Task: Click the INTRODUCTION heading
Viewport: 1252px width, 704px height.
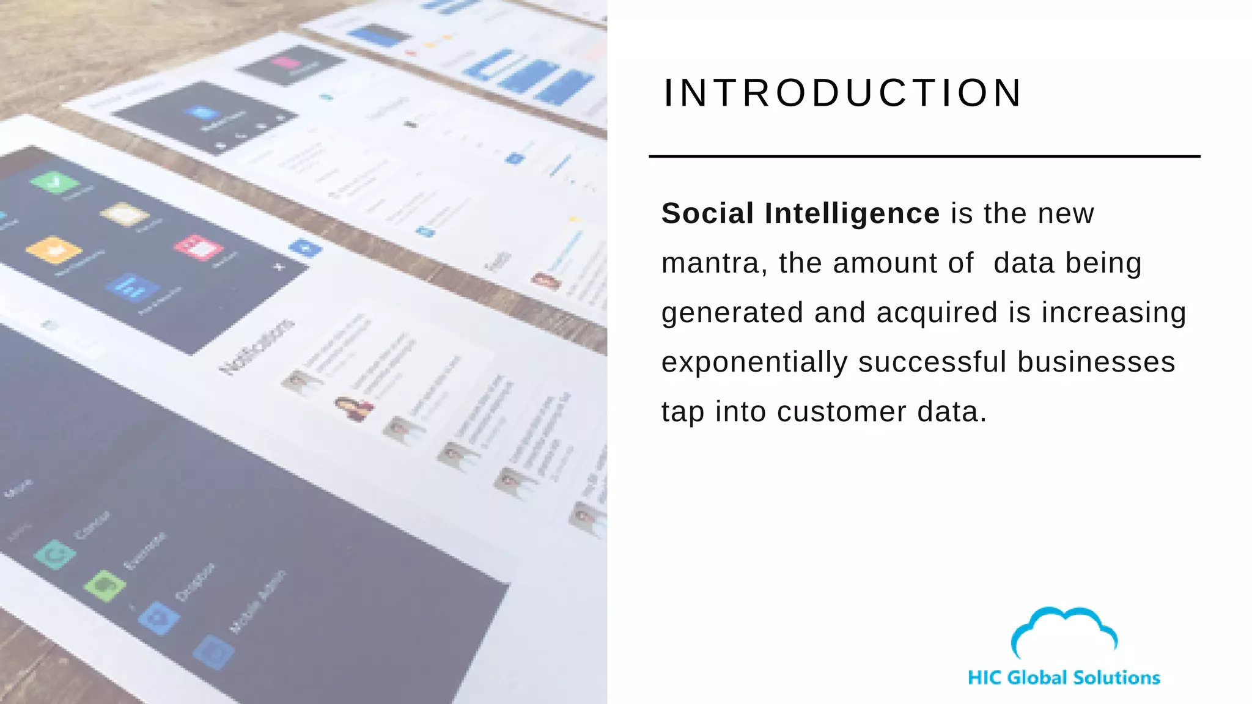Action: (842, 94)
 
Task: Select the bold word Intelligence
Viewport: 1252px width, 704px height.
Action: (852, 214)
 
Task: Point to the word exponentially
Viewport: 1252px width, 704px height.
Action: (754, 363)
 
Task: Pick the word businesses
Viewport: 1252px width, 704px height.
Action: (1096, 362)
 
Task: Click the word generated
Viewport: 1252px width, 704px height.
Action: (732, 313)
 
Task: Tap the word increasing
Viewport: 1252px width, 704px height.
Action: (1114, 313)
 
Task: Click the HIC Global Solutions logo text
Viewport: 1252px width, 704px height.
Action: (1064, 678)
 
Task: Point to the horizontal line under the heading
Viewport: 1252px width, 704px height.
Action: (924, 157)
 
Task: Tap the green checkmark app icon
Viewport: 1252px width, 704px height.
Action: (55, 182)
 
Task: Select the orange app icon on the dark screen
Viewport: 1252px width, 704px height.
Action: (54, 249)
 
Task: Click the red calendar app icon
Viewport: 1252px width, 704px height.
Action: (198, 247)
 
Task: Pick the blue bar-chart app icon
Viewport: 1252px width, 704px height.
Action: (132, 286)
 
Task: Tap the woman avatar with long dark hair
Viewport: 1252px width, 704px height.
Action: (354, 408)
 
